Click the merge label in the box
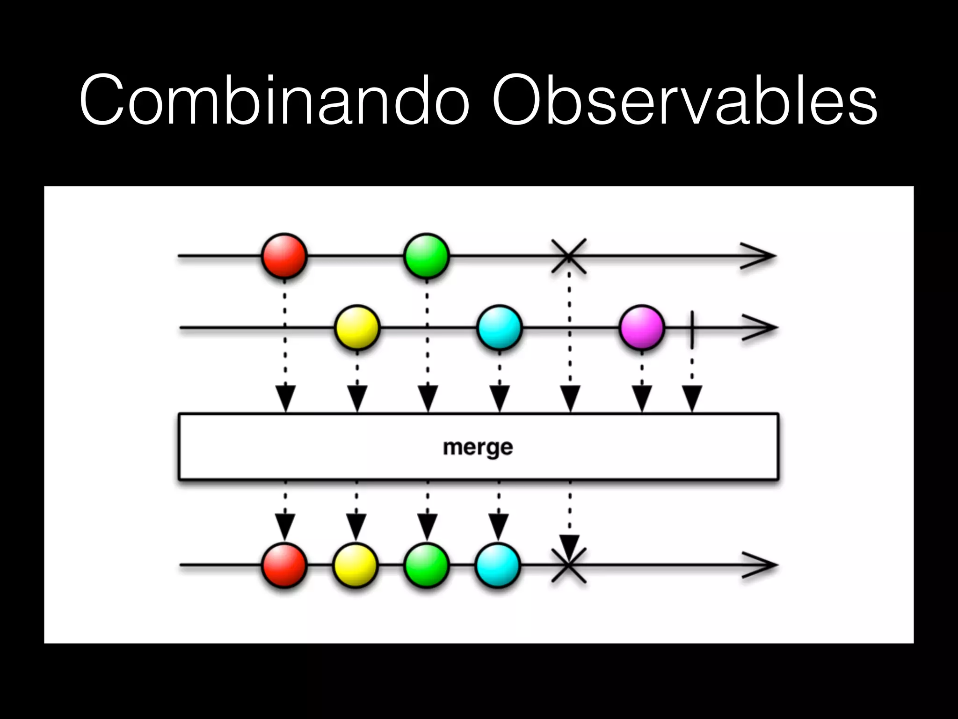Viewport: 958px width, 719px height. pos(478,447)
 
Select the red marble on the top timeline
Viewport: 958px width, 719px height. pos(284,256)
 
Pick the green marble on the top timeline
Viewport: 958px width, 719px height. pos(426,256)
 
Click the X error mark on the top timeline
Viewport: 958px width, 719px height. pos(568,256)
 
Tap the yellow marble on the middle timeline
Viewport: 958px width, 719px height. pos(357,328)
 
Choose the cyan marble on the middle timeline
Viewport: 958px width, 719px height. pos(500,328)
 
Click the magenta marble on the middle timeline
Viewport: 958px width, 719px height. pos(642,328)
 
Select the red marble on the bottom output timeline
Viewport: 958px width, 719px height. pos(284,565)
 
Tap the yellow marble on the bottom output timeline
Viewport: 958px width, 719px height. pos(356,565)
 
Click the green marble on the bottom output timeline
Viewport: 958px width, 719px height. pos(426,565)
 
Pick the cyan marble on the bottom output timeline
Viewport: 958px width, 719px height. pos(498,565)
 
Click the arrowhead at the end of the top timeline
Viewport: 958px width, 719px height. pos(760,256)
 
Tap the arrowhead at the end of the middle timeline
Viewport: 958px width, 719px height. pos(762,328)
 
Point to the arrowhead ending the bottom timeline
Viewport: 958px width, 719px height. pos(762,565)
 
